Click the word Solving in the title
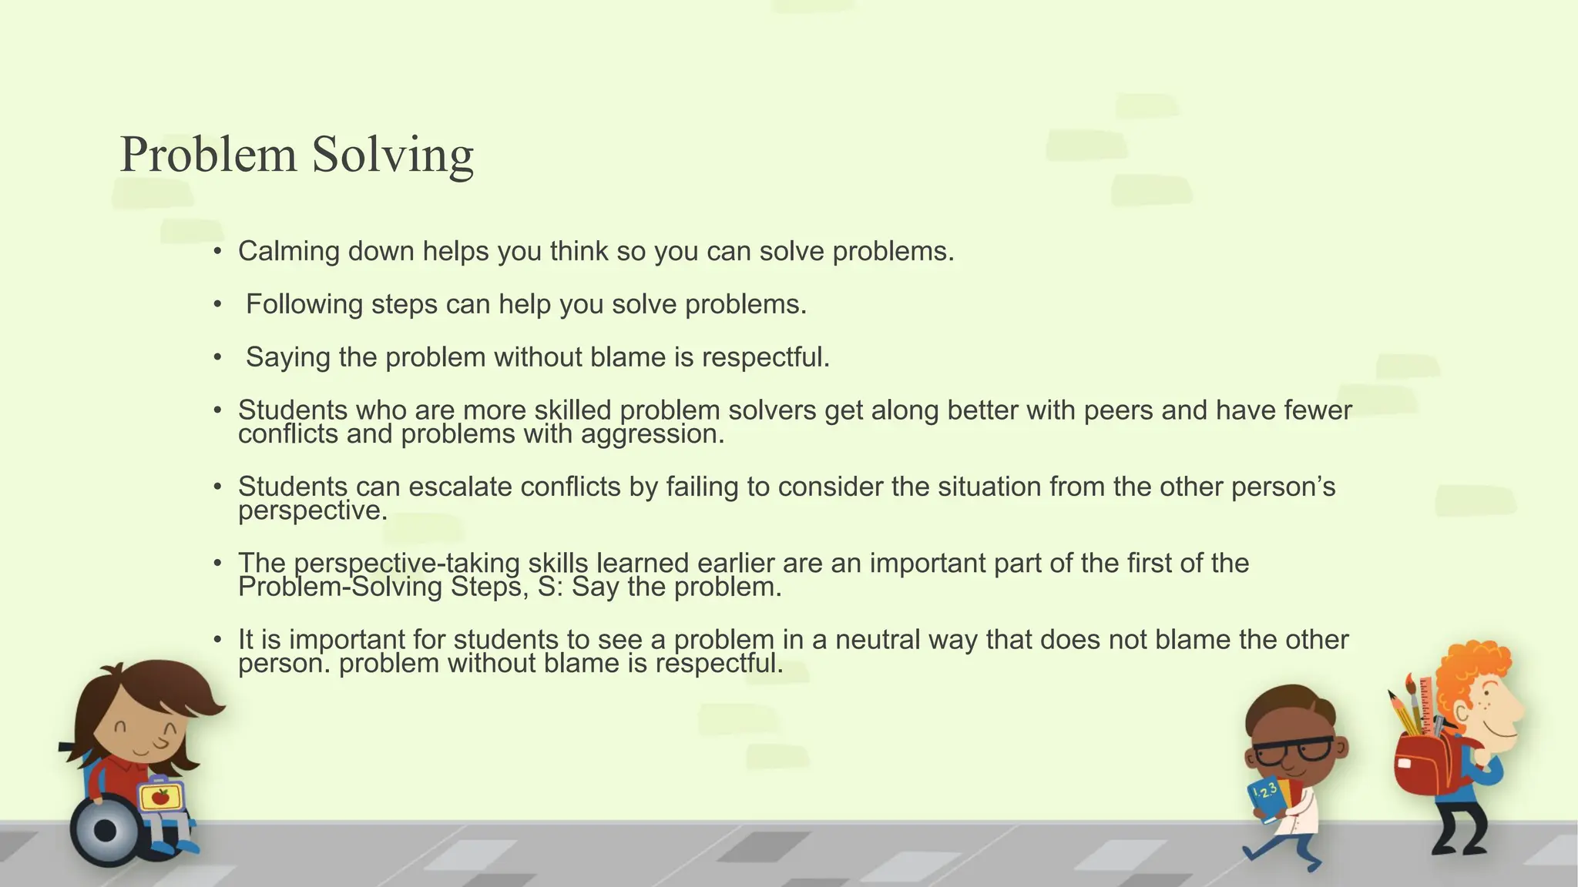coord(392,156)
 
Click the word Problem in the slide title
coord(208,154)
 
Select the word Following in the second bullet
coord(304,305)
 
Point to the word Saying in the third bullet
coord(287,358)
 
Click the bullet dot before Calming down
coord(218,252)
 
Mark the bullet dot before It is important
coord(218,640)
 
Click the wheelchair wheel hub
coord(105,831)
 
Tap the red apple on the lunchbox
coord(160,797)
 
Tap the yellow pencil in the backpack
coord(1404,713)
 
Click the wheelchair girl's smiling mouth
coord(143,748)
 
